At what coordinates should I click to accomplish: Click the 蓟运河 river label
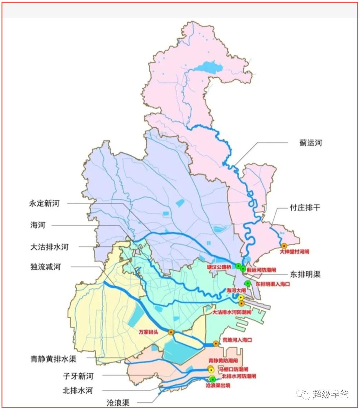[311, 142]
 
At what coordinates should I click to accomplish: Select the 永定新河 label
[45, 203]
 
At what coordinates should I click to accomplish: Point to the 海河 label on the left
[38, 225]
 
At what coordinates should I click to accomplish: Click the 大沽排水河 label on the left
[49, 247]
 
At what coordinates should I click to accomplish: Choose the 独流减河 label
[45, 267]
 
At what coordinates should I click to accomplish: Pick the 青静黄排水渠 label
[53, 359]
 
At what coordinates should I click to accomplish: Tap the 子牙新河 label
[78, 376]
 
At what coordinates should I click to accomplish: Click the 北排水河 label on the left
[78, 390]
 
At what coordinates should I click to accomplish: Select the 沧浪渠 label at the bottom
[118, 402]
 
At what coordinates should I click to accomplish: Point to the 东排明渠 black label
[305, 274]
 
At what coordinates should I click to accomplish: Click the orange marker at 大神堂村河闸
[284, 246]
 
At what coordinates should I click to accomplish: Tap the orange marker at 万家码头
[171, 332]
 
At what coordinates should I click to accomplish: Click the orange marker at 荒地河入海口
[216, 343]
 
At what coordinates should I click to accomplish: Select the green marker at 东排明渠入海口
[247, 283]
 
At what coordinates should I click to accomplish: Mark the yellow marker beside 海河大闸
[241, 298]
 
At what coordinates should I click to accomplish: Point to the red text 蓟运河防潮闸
[261, 270]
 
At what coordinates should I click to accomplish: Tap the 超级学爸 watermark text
[330, 394]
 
